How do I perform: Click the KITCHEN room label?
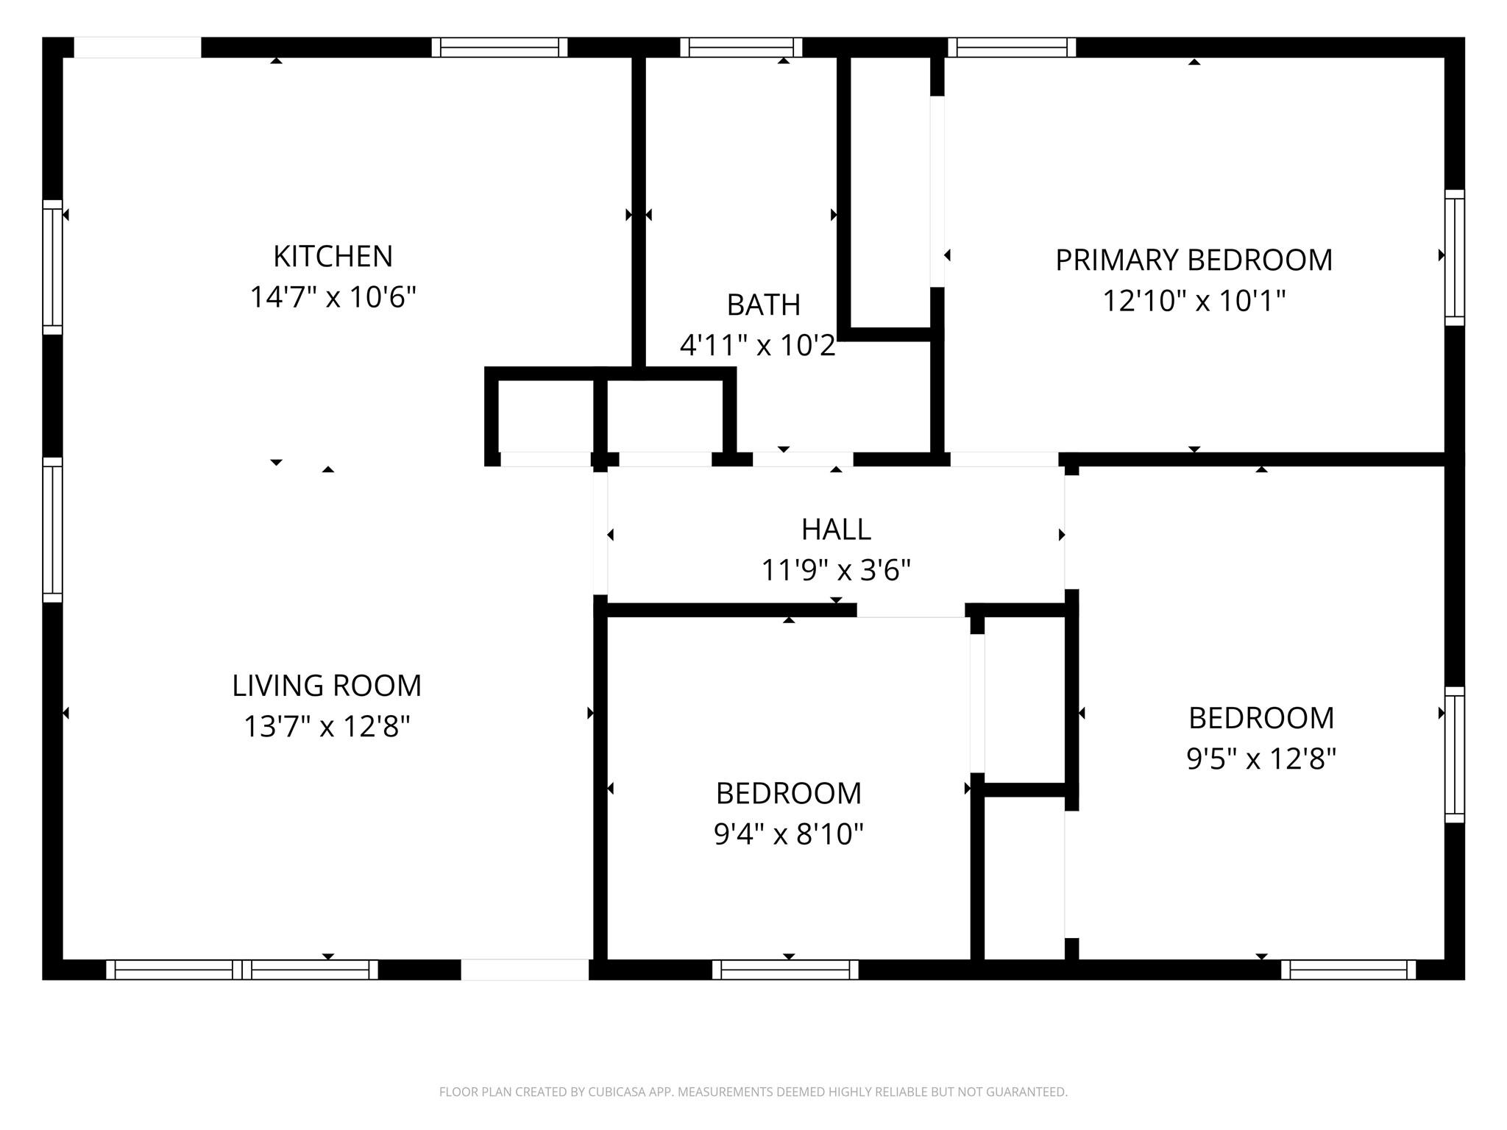pos(333,257)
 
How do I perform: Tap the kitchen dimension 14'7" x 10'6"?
pos(333,298)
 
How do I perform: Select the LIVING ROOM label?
pos(327,686)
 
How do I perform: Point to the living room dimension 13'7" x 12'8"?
pos(327,727)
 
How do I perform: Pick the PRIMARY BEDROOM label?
pos(1194,260)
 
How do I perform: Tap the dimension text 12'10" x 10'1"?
pos(1194,301)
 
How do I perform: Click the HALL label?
pos(836,530)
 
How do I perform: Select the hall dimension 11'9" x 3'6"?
pos(836,570)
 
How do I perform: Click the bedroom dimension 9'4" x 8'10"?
pos(788,834)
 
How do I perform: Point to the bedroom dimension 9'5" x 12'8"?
pos(1260,758)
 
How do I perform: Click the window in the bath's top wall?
pos(741,48)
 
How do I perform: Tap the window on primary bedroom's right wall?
pos(1454,257)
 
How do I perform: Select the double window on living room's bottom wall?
pos(242,970)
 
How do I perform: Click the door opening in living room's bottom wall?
pos(525,970)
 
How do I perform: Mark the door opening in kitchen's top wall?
pos(138,48)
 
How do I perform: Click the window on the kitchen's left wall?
pos(52,266)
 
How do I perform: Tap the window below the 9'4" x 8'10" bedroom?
pos(785,970)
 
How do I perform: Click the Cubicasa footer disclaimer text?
pos(753,1092)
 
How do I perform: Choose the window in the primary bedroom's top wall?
pos(1012,48)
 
